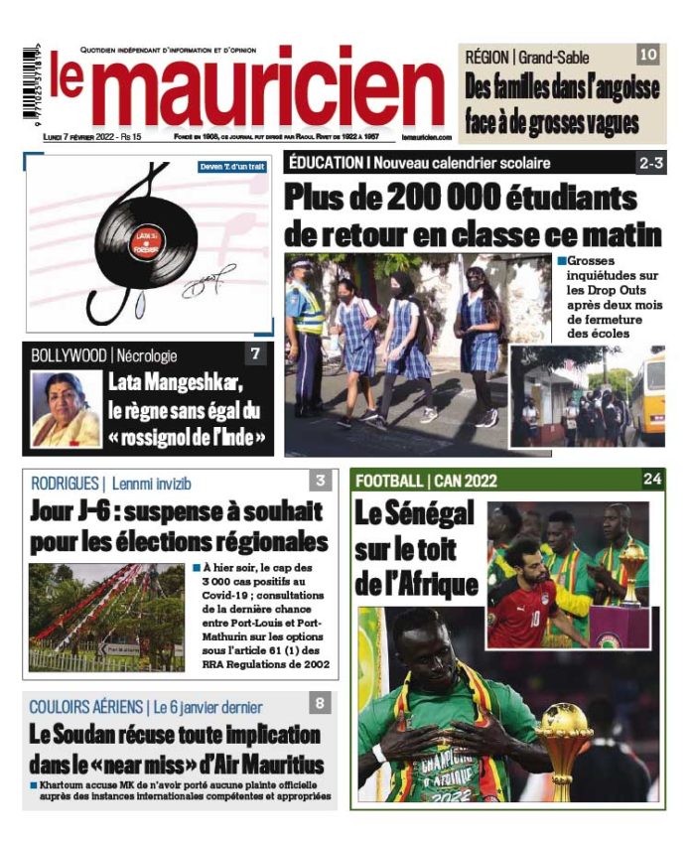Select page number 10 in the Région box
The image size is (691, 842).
tap(647, 56)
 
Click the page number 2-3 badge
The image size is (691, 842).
tap(651, 163)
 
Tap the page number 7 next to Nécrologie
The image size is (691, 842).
tap(256, 353)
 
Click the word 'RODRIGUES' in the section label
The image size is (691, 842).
tap(65, 484)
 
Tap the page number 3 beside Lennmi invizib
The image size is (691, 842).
tap(320, 482)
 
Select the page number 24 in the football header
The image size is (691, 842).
tap(652, 480)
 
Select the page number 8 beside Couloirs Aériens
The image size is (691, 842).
tap(320, 705)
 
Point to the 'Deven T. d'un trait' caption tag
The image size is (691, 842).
tap(234, 167)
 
